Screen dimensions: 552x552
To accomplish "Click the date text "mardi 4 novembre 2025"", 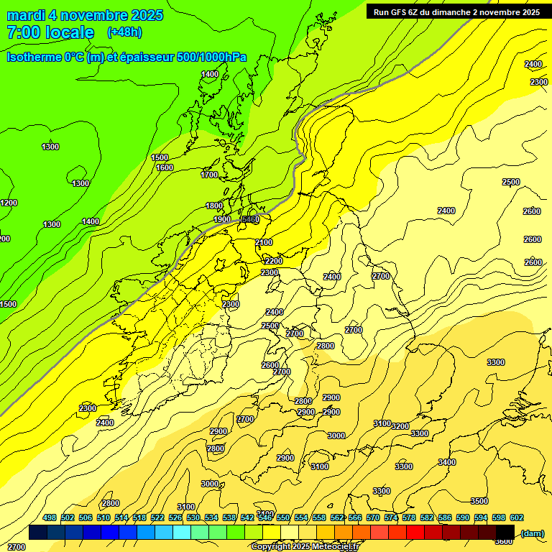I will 85,15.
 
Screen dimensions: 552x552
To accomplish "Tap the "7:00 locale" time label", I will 50,32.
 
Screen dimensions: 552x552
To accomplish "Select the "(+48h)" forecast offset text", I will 124,32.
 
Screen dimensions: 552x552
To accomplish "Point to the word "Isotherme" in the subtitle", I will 31,57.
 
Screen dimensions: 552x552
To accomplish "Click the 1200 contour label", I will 9,203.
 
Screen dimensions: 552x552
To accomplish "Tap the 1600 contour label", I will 165,167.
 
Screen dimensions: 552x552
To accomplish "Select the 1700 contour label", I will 209,175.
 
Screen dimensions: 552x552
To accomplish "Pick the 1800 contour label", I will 215,206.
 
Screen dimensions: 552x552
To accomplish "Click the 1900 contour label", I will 222,219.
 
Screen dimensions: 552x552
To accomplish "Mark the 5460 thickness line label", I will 250,219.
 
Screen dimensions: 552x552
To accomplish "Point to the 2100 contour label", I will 264,243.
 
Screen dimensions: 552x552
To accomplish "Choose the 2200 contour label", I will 274,260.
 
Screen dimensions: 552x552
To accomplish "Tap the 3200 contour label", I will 400,426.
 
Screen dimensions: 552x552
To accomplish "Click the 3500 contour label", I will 479,501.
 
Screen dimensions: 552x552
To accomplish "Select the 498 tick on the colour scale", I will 50,517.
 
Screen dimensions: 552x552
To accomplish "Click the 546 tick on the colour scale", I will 265,517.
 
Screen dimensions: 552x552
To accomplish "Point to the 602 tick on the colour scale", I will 517,517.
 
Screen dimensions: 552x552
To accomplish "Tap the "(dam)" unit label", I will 532,533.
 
